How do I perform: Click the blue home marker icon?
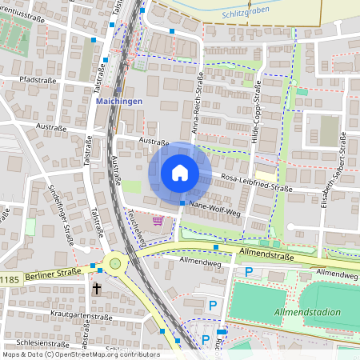click(179, 172)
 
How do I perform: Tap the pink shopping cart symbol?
click(158, 220)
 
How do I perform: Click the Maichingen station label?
click(119, 102)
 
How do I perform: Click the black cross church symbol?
click(98, 288)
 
